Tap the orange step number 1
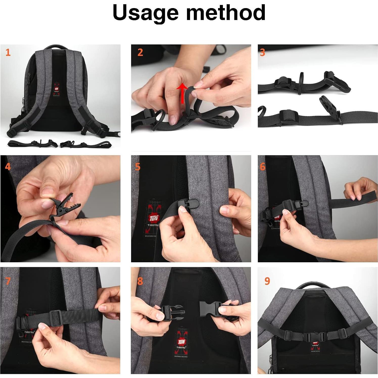8,52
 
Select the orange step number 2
140,52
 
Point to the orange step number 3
263,52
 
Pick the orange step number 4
8,167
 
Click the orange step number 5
138,167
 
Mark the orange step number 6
263,167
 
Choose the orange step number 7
8,281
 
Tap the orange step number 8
140,281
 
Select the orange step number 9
267,281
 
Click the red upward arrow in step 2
182,93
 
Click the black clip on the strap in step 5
188,204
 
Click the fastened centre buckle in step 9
312,337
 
